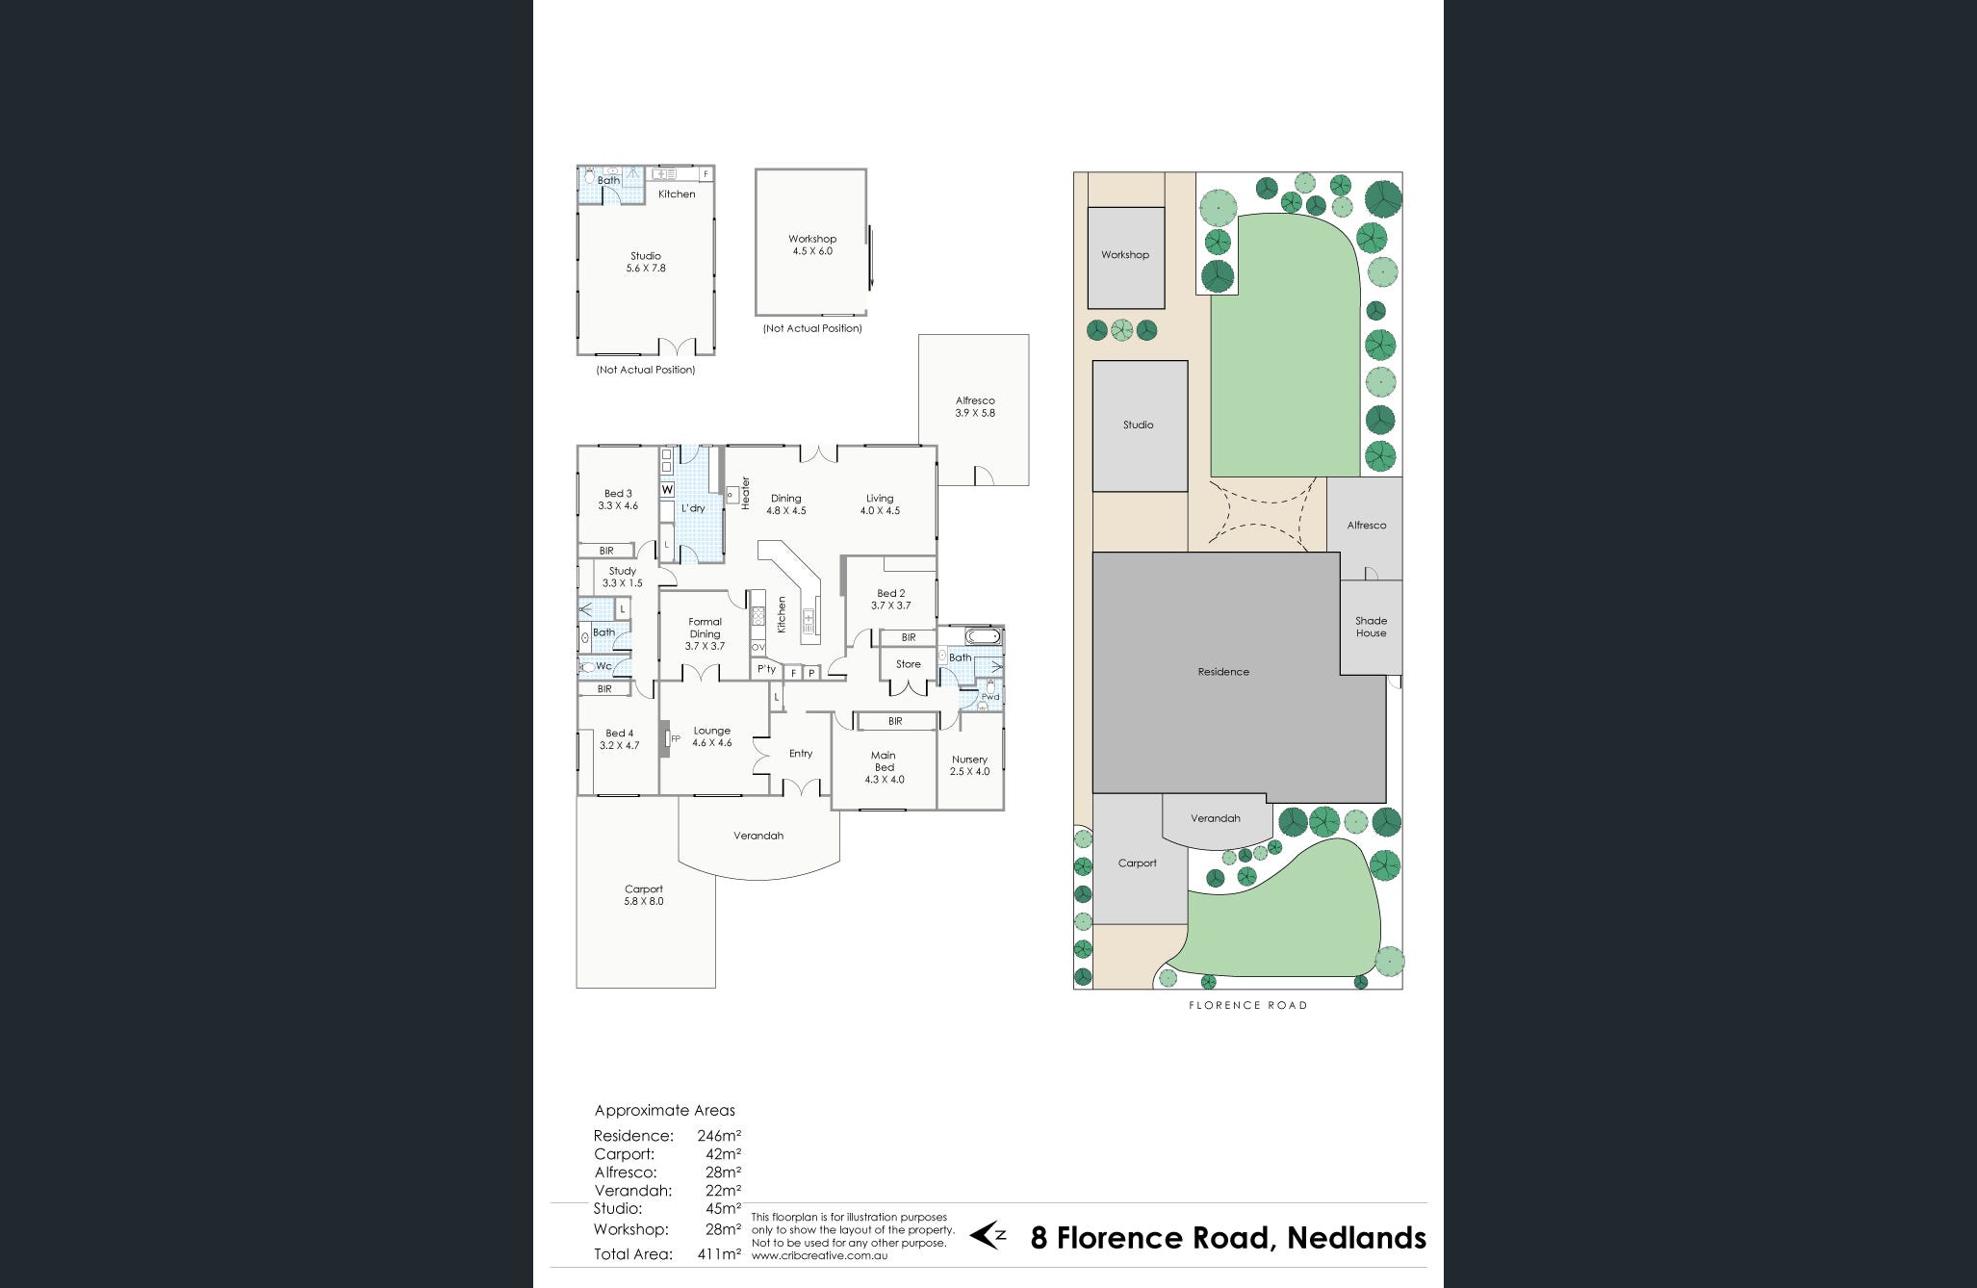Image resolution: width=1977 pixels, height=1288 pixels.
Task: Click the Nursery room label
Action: pyautogui.click(x=969, y=765)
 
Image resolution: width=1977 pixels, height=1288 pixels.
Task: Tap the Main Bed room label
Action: pyautogui.click(x=884, y=767)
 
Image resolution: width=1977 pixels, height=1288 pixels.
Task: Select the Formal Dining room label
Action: pyautogui.click(x=705, y=633)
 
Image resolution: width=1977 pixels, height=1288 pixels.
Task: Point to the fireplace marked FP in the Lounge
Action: pyautogui.click(x=665, y=739)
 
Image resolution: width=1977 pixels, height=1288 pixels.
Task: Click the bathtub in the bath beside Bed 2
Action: pyautogui.click(x=983, y=636)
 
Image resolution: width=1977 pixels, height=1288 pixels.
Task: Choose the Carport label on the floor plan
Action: pyautogui.click(x=643, y=895)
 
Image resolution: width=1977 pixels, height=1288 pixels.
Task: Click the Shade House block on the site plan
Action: pyautogui.click(x=1371, y=627)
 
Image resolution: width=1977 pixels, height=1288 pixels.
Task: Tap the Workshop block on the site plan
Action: pyautogui.click(x=1125, y=257)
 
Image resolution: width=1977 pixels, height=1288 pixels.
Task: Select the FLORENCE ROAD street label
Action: pyautogui.click(x=1247, y=1005)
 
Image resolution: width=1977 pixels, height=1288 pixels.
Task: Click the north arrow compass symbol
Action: pyautogui.click(x=988, y=1235)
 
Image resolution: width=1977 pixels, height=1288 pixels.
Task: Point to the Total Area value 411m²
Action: pyautogui.click(x=719, y=1253)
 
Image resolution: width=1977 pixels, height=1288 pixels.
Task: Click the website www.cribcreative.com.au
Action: pyautogui.click(x=819, y=1255)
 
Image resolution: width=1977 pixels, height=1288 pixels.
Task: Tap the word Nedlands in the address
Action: pyautogui.click(x=1356, y=1237)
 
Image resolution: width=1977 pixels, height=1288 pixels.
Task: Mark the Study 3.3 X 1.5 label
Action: pyautogui.click(x=622, y=577)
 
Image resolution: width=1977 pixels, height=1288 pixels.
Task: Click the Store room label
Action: pyautogui.click(x=908, y=664)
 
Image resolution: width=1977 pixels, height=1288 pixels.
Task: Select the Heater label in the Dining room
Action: pyautogui.click(x=745, y=494)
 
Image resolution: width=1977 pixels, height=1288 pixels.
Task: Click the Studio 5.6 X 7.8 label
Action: pyautogui.click(x=645, y=262)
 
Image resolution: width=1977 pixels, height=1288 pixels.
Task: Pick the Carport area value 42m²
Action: pyautogui.click(x=723, y=1153)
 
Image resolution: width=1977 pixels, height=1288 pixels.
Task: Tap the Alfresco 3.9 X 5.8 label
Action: pyautogui.click(x=975, y=406)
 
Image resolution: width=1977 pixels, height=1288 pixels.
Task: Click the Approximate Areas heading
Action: pyautogui.click(x=664, y=1110)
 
